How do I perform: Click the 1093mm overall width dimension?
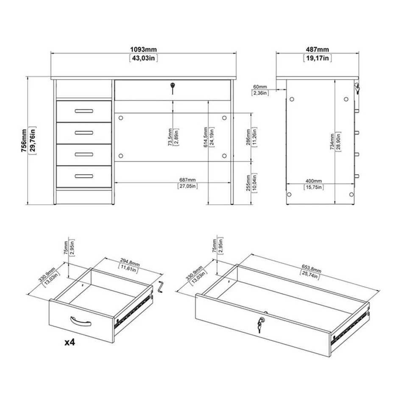pos(143,50)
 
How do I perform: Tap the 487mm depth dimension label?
pos(317,50)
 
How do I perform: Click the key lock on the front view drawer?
pos(172,87)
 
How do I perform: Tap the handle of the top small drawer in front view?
pos(84,111)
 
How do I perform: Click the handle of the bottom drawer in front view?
pos(84,176)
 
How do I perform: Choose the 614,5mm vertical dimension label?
pos(205,137)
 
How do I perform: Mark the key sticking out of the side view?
pos(357,88)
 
